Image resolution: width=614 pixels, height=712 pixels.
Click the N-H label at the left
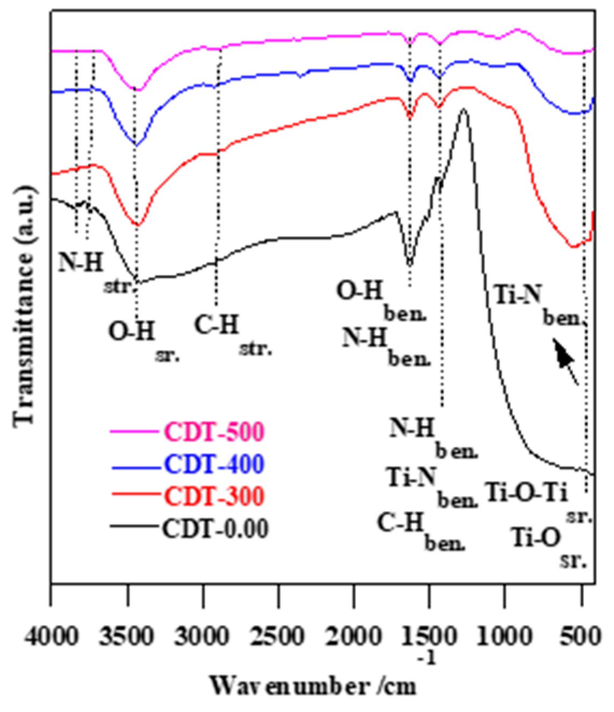point(82,262)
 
